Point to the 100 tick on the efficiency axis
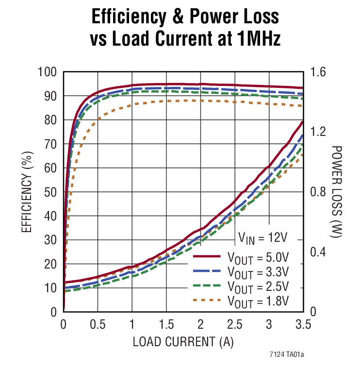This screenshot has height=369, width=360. coord(47,72)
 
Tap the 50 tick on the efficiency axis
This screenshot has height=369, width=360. coord(51,192)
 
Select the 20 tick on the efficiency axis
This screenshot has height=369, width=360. coord(51,264)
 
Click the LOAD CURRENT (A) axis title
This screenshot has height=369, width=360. coord(183,342)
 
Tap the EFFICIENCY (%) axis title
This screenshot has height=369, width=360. coord(27,192)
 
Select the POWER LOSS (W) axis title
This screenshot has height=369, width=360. coord(337,192)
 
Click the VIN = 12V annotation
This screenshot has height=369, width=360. coord(262,238)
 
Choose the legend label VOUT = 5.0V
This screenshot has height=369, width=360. coord(258,256)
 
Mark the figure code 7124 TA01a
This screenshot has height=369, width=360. coord(286,355)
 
